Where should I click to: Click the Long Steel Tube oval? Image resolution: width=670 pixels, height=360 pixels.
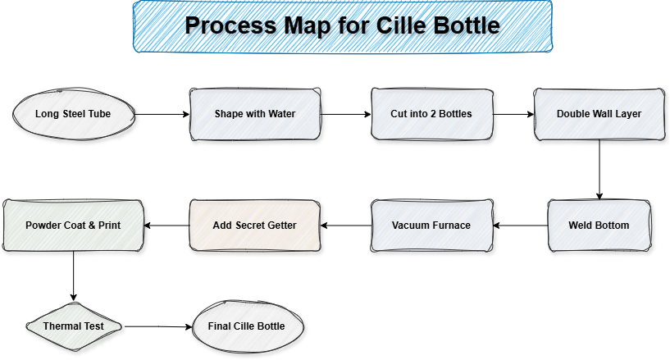point(75,114)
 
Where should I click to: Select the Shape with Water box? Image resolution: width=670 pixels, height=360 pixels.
point(254,114)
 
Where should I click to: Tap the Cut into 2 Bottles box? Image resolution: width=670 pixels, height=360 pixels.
point(431,114)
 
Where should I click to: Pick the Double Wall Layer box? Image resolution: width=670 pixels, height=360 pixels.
point(599,114)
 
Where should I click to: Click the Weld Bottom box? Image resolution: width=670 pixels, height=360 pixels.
point(599,225)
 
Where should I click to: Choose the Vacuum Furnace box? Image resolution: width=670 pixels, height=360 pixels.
point(431,225)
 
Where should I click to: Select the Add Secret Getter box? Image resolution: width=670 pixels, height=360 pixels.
point(254,225)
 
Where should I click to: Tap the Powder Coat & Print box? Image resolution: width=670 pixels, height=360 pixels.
point(74,225)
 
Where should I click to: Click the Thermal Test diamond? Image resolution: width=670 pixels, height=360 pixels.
point(74,326)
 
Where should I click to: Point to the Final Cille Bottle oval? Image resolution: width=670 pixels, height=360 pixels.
point(247,326)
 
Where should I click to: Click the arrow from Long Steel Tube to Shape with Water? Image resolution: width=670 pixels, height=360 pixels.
point(162,114)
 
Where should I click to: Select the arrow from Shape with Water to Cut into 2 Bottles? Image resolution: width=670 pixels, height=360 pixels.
point(344,114)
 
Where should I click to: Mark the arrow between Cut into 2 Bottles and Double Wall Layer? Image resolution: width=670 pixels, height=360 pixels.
point(514,114)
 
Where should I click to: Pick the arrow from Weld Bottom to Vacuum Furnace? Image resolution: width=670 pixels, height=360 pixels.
point(521,225)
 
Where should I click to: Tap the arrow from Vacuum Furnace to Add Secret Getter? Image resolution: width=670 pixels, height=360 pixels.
point(345,225)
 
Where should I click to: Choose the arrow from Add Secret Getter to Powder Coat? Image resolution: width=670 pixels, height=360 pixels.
point(167,225)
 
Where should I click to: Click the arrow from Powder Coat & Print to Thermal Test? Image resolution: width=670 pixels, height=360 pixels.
point(74,276)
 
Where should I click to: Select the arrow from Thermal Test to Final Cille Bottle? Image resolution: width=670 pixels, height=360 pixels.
point(157,326)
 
